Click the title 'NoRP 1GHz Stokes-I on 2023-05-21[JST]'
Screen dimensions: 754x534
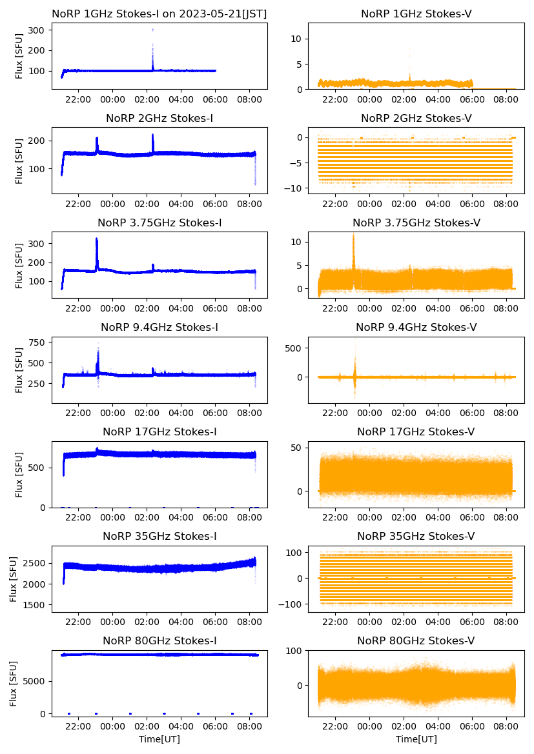(159, 14)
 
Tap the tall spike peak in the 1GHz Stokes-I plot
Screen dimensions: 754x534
(152, 30)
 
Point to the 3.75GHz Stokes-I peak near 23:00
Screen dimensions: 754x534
(96, 239)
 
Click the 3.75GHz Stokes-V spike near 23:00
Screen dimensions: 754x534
(353, 236)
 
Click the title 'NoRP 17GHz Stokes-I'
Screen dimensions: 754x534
(159, 432)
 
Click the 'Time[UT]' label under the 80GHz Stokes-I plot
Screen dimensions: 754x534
(159, 739)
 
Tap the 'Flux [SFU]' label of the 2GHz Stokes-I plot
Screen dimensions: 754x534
(19, 159)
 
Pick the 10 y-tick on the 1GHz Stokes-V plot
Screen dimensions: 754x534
(298, 39)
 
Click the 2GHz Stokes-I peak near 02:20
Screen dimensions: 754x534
(153, 135)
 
